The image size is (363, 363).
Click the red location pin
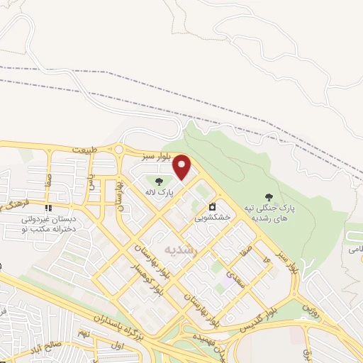pos(183,167)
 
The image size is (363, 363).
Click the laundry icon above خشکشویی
pos(212,208)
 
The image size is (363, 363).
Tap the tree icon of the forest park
pos(269,196)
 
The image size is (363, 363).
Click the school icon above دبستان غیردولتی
pos(49,208)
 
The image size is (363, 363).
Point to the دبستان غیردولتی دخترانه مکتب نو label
pos(44,225)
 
